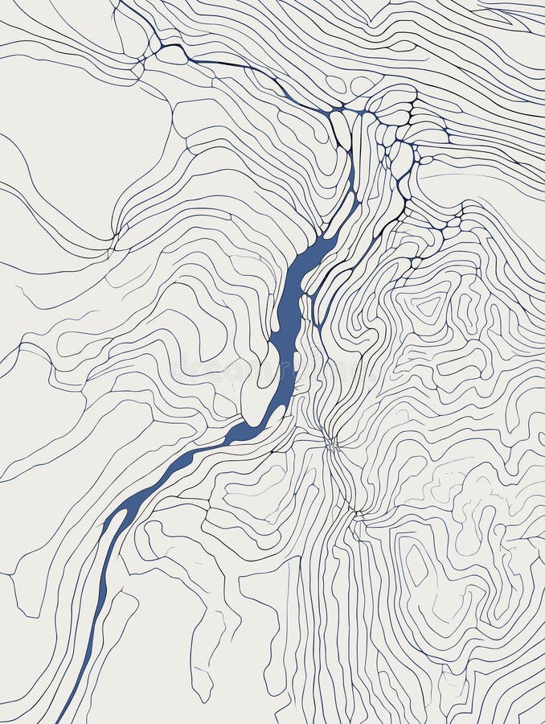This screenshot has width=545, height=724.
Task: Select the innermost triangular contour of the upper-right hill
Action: pyautogui.click(x=428, y=305)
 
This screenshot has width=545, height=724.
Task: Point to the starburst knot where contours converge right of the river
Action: pyautogui.click(x=330, y=441)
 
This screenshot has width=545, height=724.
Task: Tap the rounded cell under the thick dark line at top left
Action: pyautogui.click(x=171, y=55)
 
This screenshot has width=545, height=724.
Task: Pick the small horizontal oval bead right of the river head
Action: pyautogui.click(x=425, y=160)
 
